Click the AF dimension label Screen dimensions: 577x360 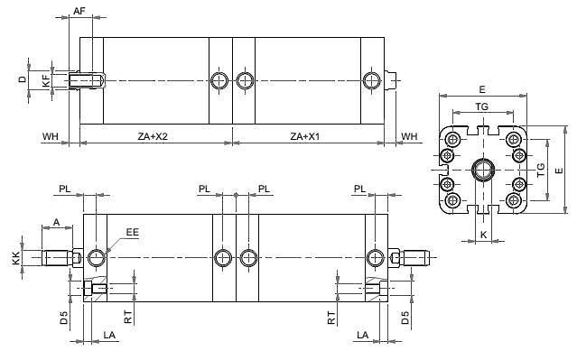(x=79, y=11)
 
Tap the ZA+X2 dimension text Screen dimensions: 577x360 (x=153, y=136)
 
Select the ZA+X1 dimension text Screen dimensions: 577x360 (x=305, y=136)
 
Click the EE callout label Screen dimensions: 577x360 (x=133, y=232)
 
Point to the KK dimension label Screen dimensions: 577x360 (x=16, y=258)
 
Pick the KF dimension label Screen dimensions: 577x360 (x=46, y=80)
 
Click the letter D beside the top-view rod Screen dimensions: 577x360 (x=23, y=79)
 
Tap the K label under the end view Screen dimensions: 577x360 (x=483, y=235)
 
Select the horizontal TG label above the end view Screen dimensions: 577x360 (x=481, y=106)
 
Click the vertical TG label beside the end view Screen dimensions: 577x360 (x=541, y=171)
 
